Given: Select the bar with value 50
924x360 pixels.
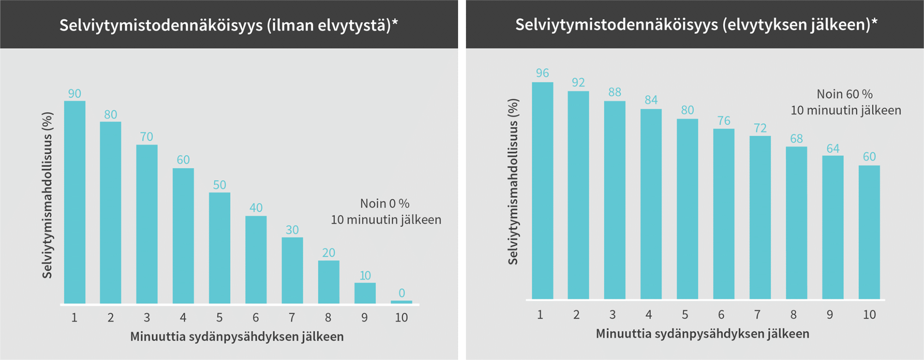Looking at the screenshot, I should pyautogui.click(x=220, y=248).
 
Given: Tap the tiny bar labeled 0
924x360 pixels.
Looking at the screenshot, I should pyautogui.click(x=401, y=302).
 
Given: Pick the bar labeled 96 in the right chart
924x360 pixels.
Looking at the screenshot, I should pyautogui.click(x=542, y=191).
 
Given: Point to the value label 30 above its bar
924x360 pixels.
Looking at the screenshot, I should pyautogui.click(x=292, y=230).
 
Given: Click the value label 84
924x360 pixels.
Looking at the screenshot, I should pyautogui.click(x=651, y=100).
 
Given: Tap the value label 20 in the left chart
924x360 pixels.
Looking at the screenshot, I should pyautogui.click(x=328, y=252).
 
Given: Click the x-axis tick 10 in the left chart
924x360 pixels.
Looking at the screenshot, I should pyautogui.click(x=401, y=318).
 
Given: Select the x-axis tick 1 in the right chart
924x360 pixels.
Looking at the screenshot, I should pyautogui.click(x=540, y=315).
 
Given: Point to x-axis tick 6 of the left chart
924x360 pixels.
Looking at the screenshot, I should pyautogui.click(x=256, y=318).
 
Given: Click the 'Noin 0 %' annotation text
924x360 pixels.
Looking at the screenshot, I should pyautogui.click(x=385, y=204).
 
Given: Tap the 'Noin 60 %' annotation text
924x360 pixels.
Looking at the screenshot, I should pyautogui.click(x=845, y=94).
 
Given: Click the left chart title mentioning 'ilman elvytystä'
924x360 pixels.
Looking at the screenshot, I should pyautogui.click(x=228, y=25).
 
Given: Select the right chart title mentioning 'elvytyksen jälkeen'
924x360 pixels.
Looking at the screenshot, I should pyautogui.click(x=696, y=24).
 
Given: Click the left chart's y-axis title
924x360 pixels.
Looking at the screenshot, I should pyautogui.click(x=47, y=195).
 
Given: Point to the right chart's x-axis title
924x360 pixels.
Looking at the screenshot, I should pyautogui.click(x=702, y=334).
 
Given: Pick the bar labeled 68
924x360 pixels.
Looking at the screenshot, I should pyautogui.click(x=796, y=223).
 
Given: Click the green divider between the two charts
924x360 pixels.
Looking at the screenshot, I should pyautogui.click(x=462, y=185).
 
